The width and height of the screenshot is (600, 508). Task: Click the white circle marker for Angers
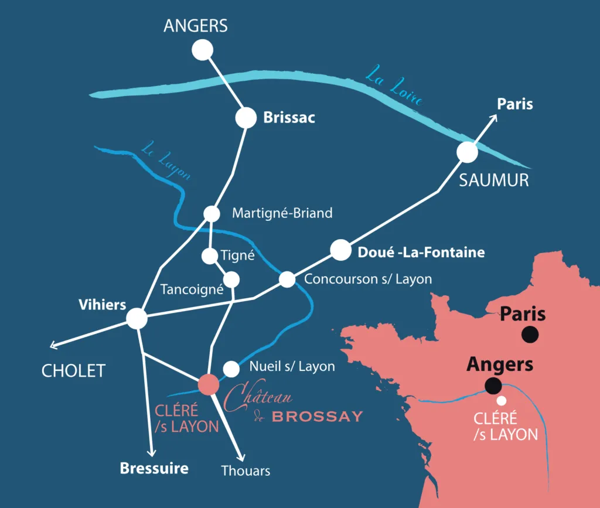(203, 50)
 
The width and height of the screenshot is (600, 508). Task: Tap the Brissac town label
(289, 118)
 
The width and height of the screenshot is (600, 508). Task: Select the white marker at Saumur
(468, 152)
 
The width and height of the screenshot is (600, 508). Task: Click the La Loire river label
(393, 87)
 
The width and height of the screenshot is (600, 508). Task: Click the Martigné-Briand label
(282, 213)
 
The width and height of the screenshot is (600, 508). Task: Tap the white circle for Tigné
(209, 256)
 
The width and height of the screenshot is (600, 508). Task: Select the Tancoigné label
(192, 289)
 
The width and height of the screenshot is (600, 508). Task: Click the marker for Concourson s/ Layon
(287, 279)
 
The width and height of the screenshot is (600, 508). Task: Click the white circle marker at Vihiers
(137, 318)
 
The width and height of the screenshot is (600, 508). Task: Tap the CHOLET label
(73, 370)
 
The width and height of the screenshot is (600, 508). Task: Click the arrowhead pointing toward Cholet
(53, 346)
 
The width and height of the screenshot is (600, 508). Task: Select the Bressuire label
(154, 468)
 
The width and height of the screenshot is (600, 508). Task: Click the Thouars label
(246, 471)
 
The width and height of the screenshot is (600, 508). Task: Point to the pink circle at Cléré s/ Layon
(209, 384)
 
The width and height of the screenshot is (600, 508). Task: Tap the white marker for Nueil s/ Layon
(231, 369)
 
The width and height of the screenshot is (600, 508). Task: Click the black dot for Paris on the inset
(530, 335)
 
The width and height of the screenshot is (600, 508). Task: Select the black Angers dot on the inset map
(493, 386)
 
